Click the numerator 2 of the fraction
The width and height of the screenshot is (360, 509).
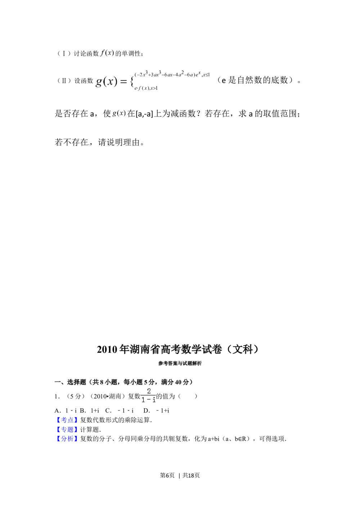[149, 391]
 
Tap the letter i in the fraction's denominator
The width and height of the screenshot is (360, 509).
[154, 400]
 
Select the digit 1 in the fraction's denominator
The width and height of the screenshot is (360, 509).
[143, 400]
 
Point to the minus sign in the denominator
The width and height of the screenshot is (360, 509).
[148, 400]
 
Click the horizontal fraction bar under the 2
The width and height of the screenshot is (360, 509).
[148, 396]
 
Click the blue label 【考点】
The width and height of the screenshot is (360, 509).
[66, 420]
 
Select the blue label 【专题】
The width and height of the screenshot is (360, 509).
[66, 429]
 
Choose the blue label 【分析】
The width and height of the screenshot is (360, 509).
[66, 439]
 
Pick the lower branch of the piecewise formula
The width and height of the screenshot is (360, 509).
[148, 88]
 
